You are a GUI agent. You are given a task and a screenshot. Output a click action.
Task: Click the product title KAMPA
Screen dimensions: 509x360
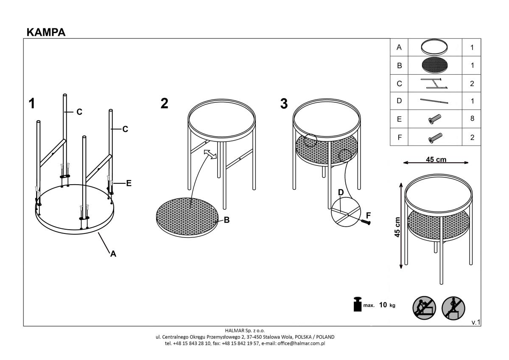pos(46,32)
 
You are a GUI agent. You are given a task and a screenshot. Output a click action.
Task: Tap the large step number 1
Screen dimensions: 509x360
pos(31,104)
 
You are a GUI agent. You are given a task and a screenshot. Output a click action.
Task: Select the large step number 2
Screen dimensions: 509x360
pos(164,103)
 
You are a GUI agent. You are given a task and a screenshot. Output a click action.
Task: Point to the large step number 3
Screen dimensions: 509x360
pos(284,104)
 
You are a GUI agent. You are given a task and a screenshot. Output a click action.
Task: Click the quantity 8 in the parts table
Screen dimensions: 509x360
pos(472,118)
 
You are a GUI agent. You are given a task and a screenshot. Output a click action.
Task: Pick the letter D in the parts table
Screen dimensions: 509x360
pos(399,101)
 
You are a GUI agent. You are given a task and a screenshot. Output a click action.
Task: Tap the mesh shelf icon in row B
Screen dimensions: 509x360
pos(435,65)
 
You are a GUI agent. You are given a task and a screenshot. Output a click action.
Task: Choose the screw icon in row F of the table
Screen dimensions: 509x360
pos(435,138)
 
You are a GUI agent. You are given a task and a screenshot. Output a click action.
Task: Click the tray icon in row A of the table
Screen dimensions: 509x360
pos(434,47)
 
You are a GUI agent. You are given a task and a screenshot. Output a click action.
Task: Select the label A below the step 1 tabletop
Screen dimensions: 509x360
pos(113,254)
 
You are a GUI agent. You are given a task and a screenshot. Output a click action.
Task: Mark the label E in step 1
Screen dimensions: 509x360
pos(129,183)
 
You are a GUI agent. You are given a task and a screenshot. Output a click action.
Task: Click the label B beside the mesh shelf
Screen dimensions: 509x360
pos(227,220)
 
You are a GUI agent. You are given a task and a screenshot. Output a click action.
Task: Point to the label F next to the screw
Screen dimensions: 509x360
pos(368,215)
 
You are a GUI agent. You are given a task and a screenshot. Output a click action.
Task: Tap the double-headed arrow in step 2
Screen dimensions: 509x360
pos(210,155)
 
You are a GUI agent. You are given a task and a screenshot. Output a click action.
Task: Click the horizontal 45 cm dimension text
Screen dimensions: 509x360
pos(436,160)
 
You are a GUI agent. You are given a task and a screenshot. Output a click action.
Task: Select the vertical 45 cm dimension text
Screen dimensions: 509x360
pos(397,227)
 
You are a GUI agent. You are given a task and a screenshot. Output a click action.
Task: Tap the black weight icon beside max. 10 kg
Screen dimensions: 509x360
pos(358,304)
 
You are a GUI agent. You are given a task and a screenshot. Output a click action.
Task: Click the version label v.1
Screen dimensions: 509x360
pos(476,322)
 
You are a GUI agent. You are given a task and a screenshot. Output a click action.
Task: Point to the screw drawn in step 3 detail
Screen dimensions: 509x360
pos(366,222)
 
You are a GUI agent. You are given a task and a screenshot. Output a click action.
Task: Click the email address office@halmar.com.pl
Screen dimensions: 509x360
pos(301,343)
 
